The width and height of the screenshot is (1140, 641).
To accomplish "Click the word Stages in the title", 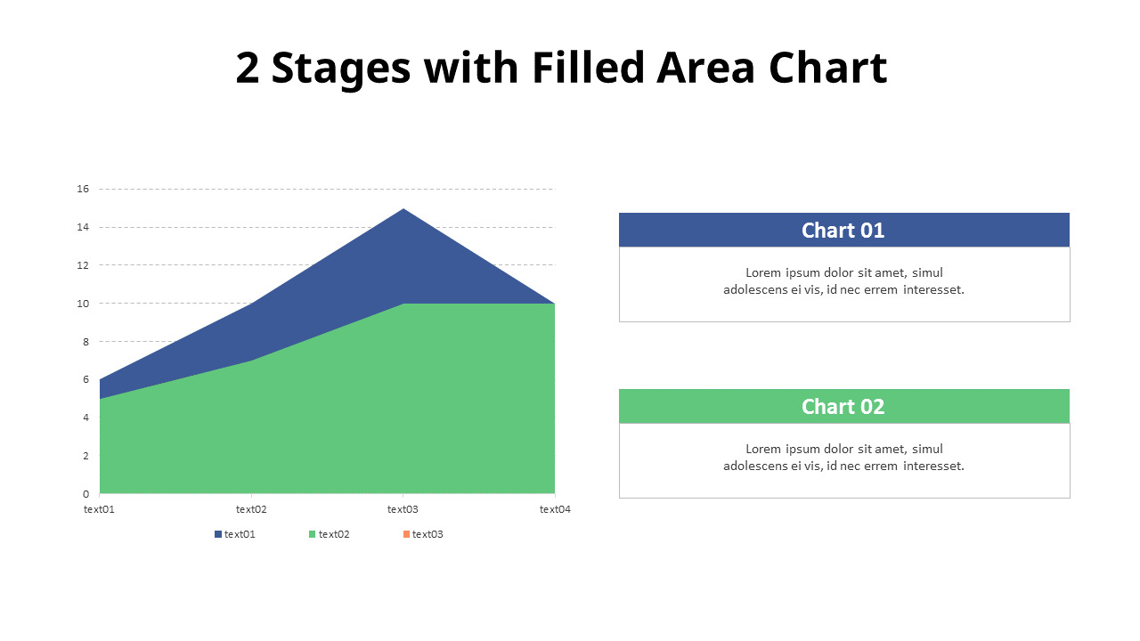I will (340, 69).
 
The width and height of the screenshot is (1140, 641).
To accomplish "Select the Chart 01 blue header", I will (843, 230).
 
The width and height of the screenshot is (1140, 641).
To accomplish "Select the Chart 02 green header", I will (843, 406).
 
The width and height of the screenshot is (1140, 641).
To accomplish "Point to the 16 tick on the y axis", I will (84, 189).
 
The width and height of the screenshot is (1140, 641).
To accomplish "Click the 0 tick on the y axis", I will (86, 493).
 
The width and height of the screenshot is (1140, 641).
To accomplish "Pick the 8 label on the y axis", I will (86, 341).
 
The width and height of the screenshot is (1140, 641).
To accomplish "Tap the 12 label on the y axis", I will (84, 265).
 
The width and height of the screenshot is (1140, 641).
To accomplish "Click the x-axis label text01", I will (100, 509).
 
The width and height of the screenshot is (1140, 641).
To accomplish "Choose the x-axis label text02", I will (251, 509).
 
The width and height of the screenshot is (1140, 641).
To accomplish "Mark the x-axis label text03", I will (403, 509).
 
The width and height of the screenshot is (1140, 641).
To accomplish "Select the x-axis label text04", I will (554, 509).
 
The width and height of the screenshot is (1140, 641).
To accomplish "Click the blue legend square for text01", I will (217, 534).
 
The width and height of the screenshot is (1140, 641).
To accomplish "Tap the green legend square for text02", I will (312, 534).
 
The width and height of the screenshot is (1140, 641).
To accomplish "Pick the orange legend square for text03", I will (406, 534).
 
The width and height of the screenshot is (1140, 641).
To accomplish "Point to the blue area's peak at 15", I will (403, 210).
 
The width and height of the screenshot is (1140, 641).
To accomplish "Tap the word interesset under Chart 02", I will (933, 466).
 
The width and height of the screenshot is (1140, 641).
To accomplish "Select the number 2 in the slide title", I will (248, 69).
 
